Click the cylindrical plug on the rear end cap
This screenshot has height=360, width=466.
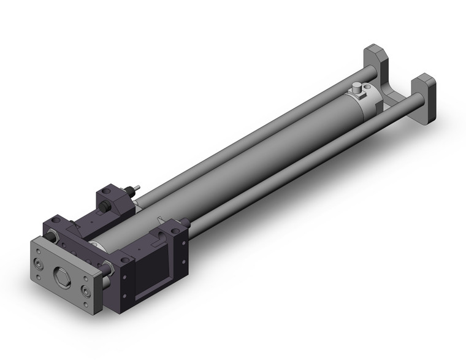click(355, 91)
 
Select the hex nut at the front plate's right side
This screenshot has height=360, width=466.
click(109, 267)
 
